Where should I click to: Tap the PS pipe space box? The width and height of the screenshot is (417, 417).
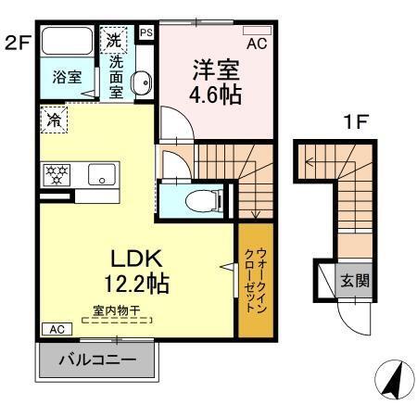click(146, 32)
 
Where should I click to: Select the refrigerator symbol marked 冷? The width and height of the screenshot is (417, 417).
click(53, 119)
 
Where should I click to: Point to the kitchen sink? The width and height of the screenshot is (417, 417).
click(100, 173)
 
